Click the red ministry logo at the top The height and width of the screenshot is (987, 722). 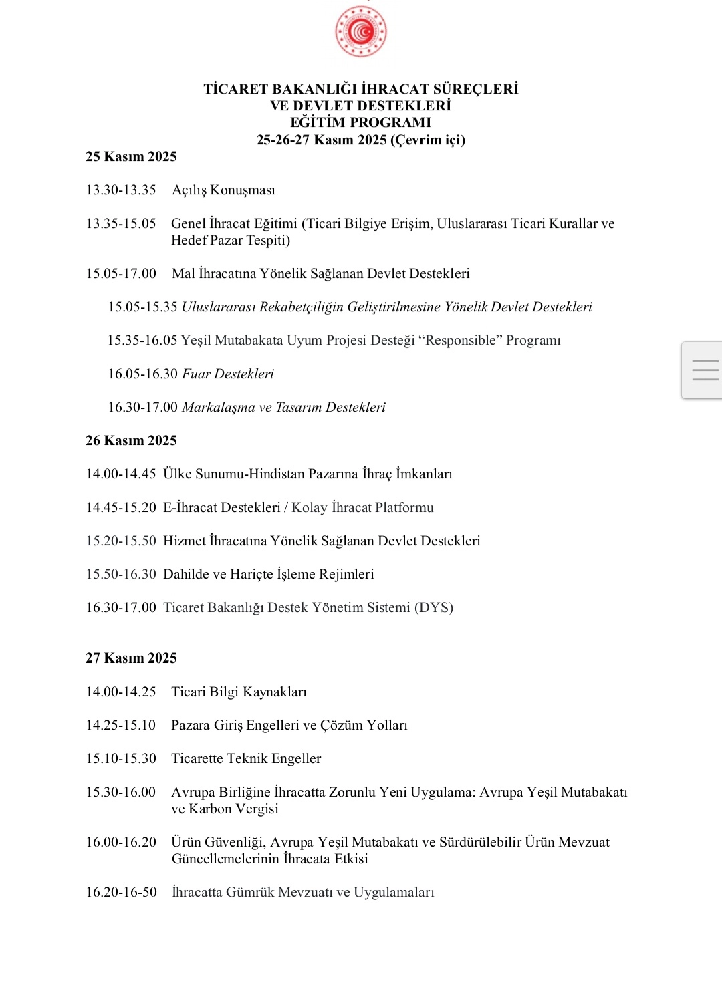point(361,31)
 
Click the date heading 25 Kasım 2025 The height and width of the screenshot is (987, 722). point(131,156)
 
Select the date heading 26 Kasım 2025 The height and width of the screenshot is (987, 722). point(131,440)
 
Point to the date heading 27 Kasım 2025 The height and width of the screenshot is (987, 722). point(131,658)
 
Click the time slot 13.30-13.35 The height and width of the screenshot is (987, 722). point(121,190)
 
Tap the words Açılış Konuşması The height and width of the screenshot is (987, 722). point(223,190)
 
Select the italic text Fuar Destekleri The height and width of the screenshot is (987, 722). point(228,374)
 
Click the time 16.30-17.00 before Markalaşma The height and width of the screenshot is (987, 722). point(143,407)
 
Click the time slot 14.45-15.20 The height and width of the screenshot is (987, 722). point(121,507)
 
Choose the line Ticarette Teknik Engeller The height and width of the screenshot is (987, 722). point(246,758)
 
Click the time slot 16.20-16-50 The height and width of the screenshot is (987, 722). point(121,892)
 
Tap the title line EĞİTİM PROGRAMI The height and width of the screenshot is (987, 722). point(361,122)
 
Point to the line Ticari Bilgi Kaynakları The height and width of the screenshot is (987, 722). point(239,692)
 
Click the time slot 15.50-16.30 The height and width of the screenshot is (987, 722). point(121,574)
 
